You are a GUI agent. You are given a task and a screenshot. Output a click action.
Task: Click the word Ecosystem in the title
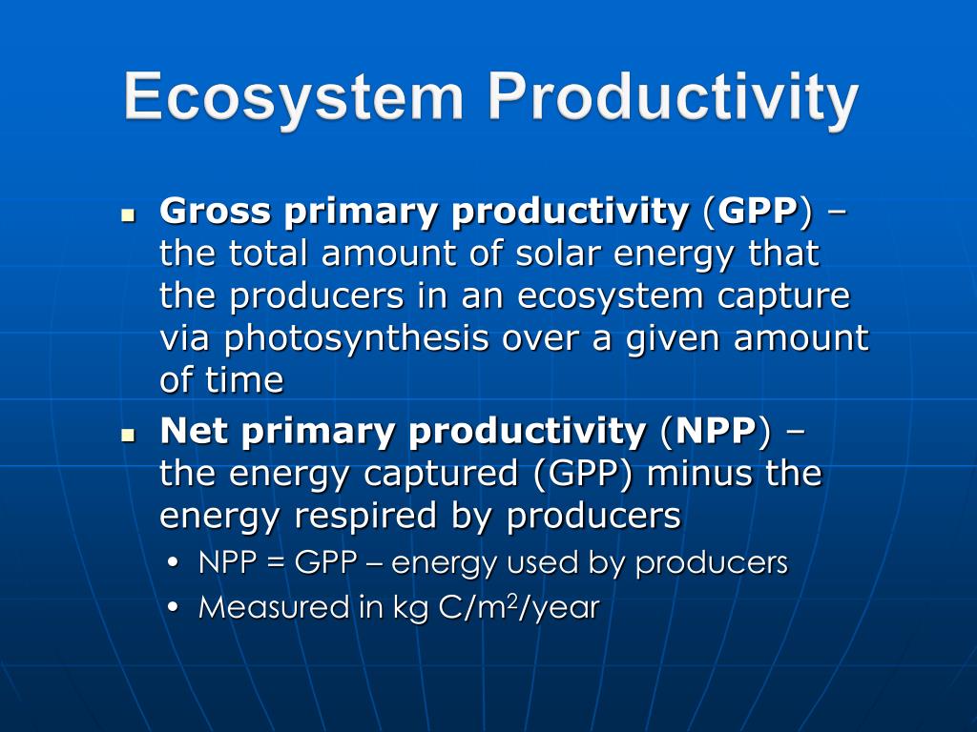294,98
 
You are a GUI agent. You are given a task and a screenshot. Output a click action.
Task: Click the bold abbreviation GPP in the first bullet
758,212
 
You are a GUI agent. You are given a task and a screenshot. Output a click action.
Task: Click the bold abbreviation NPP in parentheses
716,431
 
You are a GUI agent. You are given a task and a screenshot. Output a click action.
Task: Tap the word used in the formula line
544,563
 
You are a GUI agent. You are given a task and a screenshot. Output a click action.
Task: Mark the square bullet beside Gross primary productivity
130,214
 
